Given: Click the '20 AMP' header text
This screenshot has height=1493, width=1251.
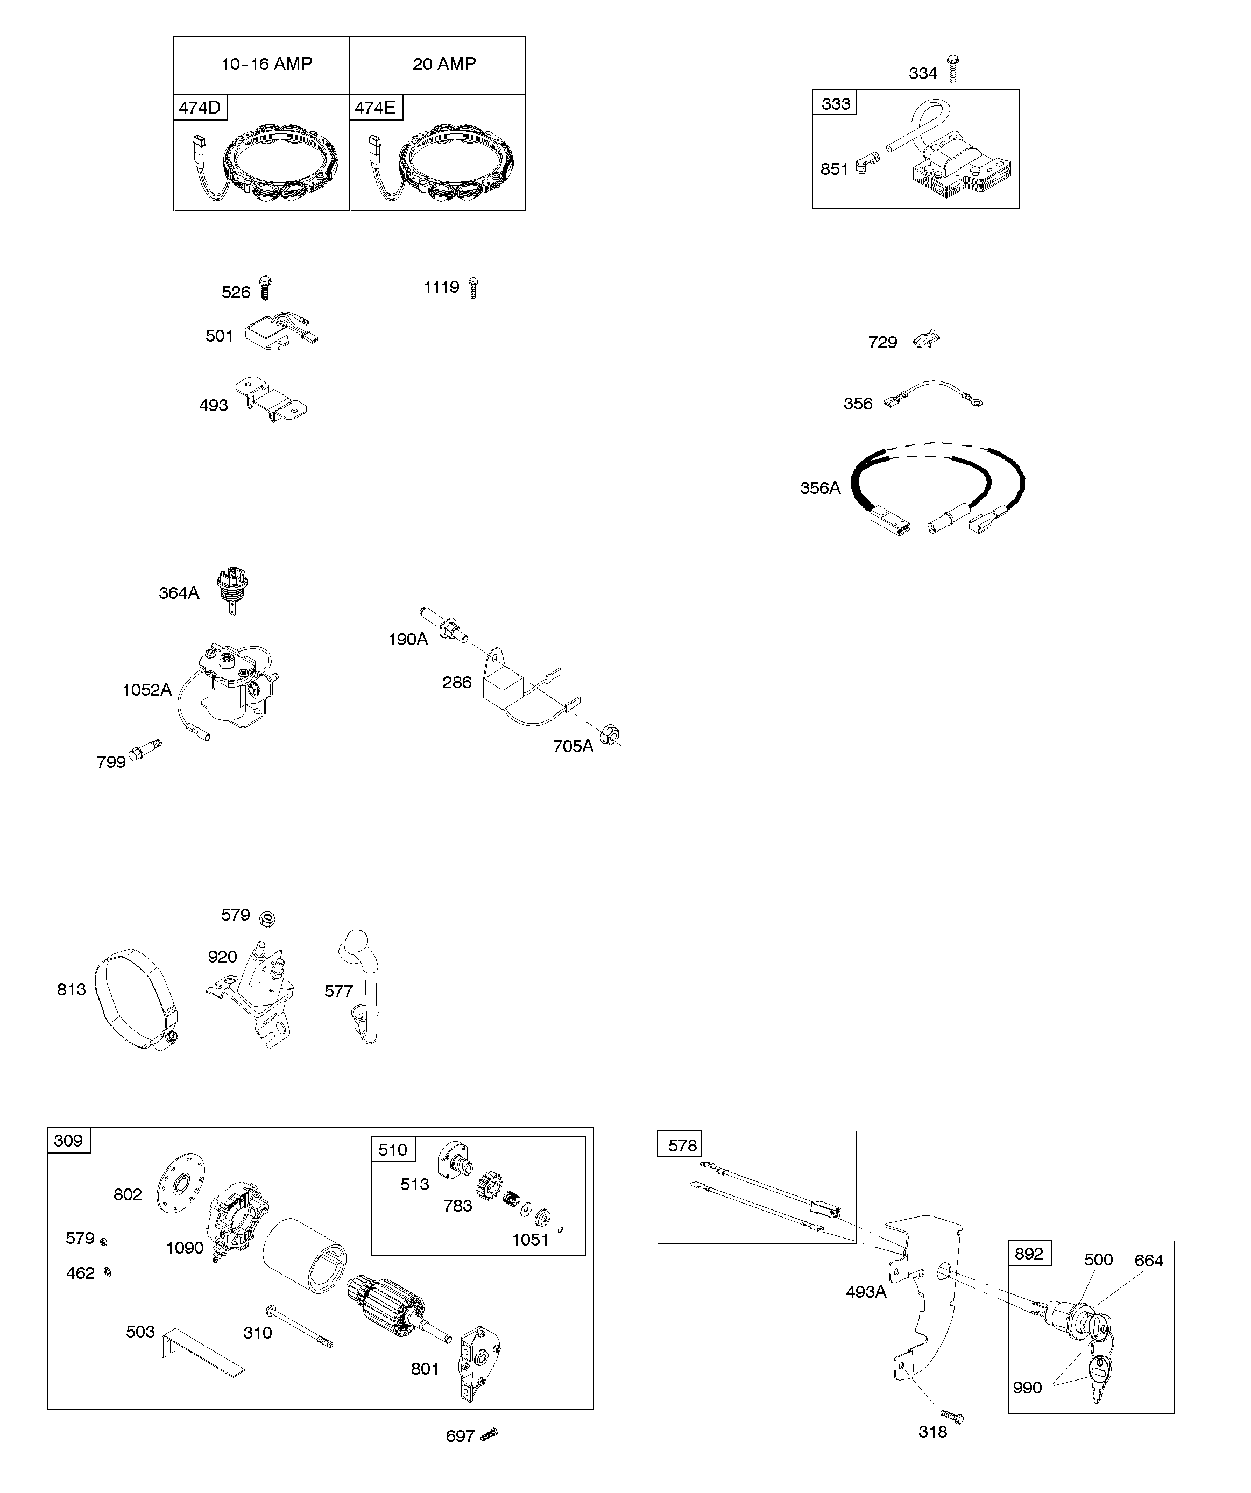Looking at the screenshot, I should pos(444,64).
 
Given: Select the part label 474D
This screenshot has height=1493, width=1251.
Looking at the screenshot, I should pos(200,108).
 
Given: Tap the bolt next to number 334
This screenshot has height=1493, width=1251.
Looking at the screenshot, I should pos(952,69).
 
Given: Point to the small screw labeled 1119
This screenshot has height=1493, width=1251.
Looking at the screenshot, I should pos(473,288).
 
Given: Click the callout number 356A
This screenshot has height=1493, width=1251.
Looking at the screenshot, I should pos(820,487).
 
